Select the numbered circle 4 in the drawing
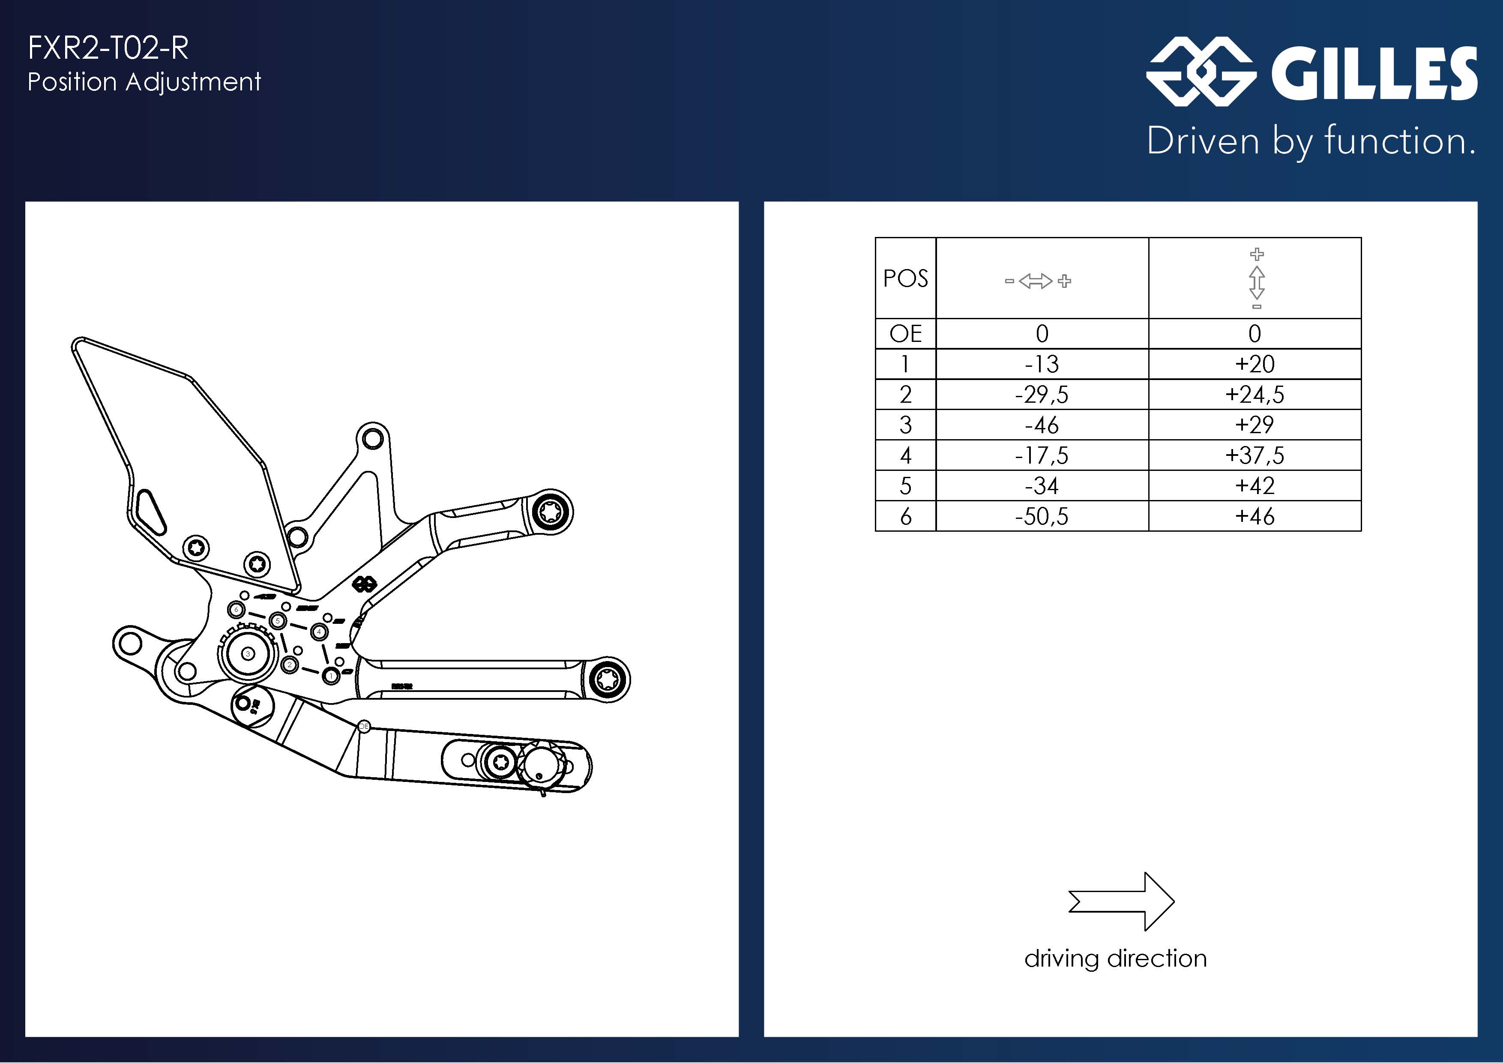point(319,632)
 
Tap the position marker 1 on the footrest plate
point(331,676)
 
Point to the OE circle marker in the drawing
point(364,726)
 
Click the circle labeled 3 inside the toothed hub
point(248,654)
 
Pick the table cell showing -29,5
point(1042,395)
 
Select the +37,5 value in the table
point(1254,455)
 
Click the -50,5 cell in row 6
point(1042,516)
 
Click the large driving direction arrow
point(1121,901)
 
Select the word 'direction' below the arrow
point(1157,959)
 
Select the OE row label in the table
point(905,334)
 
